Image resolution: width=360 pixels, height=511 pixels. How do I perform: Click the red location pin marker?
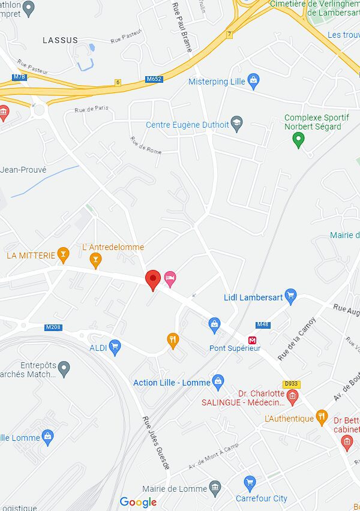[153, 279]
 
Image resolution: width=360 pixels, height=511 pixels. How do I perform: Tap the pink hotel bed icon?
[170, 278]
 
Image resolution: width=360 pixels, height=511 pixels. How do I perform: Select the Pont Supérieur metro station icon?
[254, 339]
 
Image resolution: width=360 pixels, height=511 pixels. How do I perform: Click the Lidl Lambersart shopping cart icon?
[291, 294]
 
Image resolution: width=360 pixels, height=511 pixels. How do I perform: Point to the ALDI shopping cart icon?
[115, 346]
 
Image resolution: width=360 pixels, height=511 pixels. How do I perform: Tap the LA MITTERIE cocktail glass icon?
[63, 256]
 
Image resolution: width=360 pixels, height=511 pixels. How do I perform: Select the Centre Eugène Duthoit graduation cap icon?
[237, 124]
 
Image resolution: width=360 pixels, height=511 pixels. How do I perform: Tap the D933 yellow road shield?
[292, 384]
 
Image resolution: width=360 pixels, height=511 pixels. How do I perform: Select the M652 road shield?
[154, 79]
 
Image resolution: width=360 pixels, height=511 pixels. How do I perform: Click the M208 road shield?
[53, 327]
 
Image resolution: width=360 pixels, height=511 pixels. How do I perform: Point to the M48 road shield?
[262, 324]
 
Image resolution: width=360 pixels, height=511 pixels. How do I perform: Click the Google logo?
[138, 502]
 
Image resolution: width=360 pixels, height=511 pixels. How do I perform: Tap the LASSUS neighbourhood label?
[60, 40]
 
